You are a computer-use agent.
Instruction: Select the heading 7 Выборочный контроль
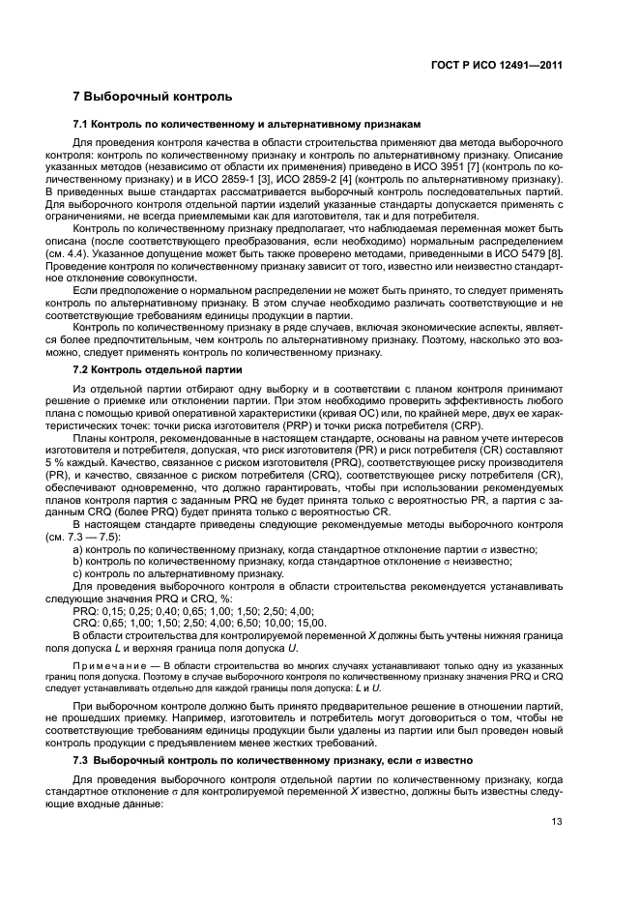pos(153,99)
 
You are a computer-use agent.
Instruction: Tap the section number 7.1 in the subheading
pos(82,126)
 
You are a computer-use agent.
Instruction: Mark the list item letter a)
pos(78,548)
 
